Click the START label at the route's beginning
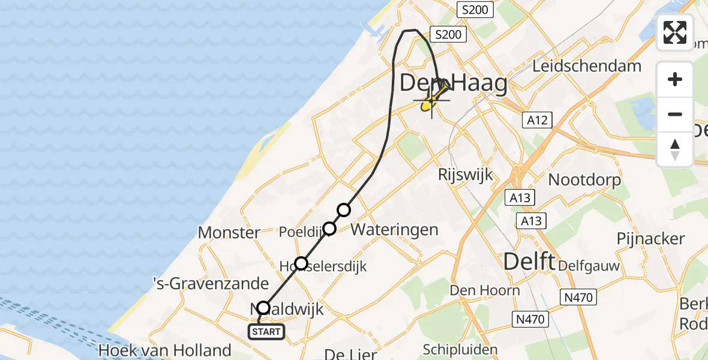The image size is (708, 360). [265, 331]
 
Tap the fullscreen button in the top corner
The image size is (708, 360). [675, 32]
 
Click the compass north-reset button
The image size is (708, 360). [675, 149]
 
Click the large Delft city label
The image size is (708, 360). [529, 262]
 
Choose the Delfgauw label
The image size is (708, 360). [589, 265]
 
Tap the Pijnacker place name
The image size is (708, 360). [650, 238]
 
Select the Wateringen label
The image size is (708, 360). [394, 229]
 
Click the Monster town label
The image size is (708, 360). [229, 232]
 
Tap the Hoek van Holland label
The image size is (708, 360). [166, 350]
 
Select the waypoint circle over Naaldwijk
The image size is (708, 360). [263, 308]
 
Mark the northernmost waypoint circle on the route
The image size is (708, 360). [343, 209]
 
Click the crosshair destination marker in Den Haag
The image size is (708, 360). [431, 100]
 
